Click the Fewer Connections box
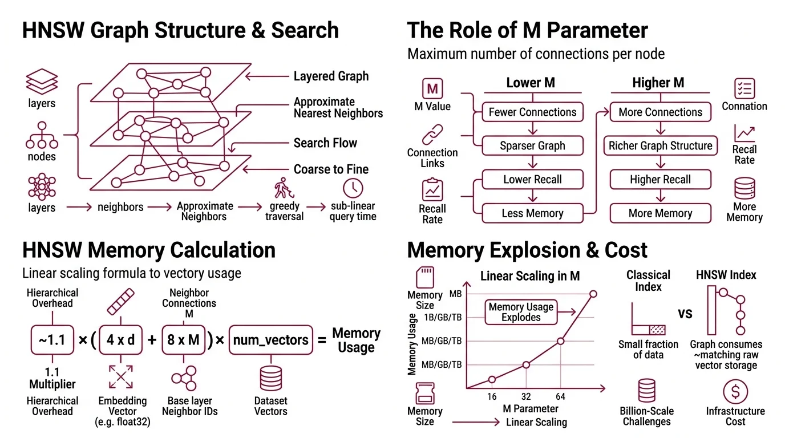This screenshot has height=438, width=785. pyautogui.click(x=532, y=112)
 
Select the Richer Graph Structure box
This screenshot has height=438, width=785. pyautogui.click(x=660, y=146)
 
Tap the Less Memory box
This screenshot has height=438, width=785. pyautogui.click(x=532, y=213)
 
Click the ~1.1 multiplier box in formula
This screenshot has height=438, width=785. pyautogui.click(x=52, y=340)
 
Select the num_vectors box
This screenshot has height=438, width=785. pyautogui.click(x=271, y=340)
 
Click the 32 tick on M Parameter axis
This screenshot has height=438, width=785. pyautogui.click(x=525, y=396)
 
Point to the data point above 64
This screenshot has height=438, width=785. pyautogui.click(x=560, y=341)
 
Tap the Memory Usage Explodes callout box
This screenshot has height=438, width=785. pyautogui.click(x=521, y=311)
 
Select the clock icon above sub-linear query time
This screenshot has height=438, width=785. pyautogui.click(x=353, y=188)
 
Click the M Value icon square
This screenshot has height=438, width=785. pyautogui.click(x=432, y=89)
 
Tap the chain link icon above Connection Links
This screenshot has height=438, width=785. pyautogui.click(x=432, y=135)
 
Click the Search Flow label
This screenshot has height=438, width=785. pyautogui.click(x=325, y=143)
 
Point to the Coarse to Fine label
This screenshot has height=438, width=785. pyautogui.click(x=331, y=169)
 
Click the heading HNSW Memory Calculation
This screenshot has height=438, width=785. pyautogui.click(x=149, y=250)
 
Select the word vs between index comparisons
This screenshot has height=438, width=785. pyautogui.click(x=685, y=314)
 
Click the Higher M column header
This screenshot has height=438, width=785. pyautogui.click(x=658, y=83)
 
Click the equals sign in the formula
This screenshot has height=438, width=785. pyautogui.click(x=322, y=340)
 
